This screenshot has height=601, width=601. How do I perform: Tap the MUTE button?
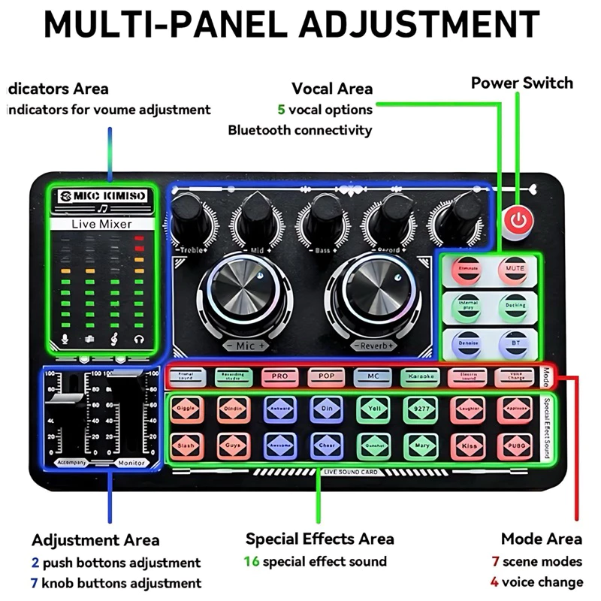[515, 269]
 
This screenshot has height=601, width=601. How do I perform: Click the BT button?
[515, 343]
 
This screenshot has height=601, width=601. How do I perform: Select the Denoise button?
[468, 343]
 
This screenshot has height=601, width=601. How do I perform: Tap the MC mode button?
[372, 375]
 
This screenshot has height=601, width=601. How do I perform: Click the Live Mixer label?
[101, 224]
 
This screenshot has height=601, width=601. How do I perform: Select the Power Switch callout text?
[521, 83]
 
